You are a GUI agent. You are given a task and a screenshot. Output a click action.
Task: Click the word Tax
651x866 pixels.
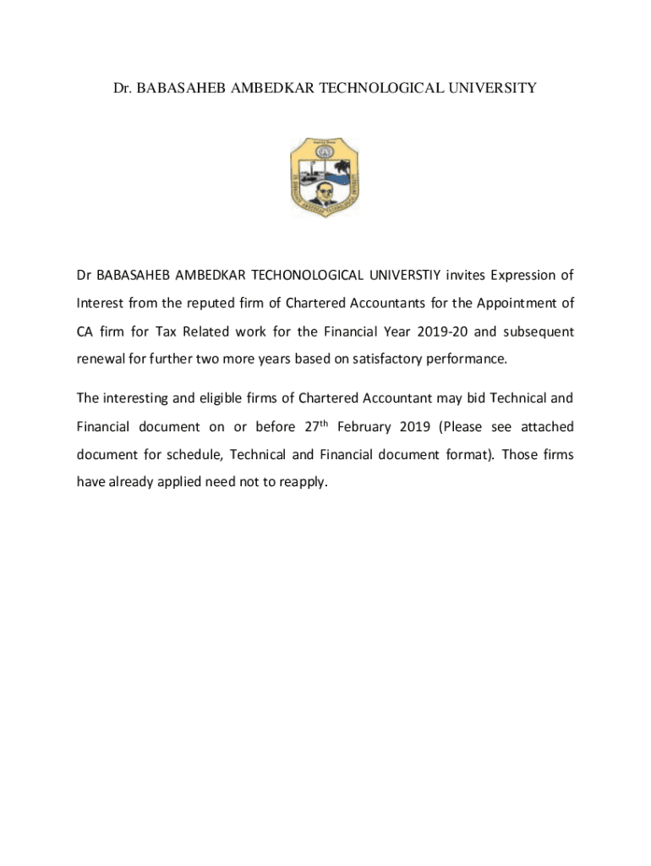click(x=169, y=331)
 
